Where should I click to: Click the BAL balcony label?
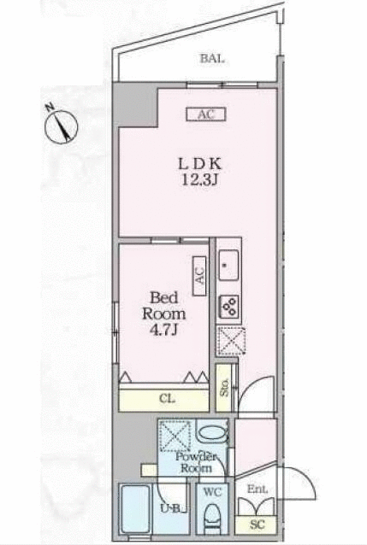[x=213, y=59]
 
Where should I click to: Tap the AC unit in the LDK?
[x=205, y=113]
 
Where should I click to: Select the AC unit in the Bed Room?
[x=199, y=275]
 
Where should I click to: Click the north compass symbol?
[x=59, y=125]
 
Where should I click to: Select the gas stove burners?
[x=229, y=303]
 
